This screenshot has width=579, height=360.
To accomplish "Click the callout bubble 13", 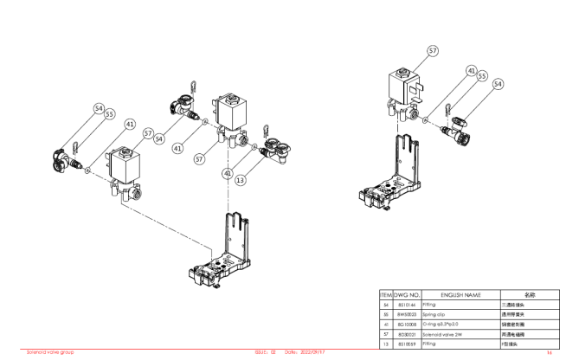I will click(239, 180).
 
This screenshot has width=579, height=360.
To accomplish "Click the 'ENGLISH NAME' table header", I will click(460, 295).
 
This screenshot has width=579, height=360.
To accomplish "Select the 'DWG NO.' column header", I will click(407, 295).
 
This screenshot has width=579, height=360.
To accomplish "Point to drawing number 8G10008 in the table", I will click(407, 325).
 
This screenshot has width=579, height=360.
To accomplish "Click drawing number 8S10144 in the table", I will click(407, 305).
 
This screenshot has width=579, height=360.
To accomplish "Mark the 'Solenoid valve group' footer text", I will click(51, 352).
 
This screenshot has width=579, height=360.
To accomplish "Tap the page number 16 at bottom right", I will click(549, 353).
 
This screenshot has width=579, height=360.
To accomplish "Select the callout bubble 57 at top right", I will click(433, 52).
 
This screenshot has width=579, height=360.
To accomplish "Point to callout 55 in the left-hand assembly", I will click(110, 113).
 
